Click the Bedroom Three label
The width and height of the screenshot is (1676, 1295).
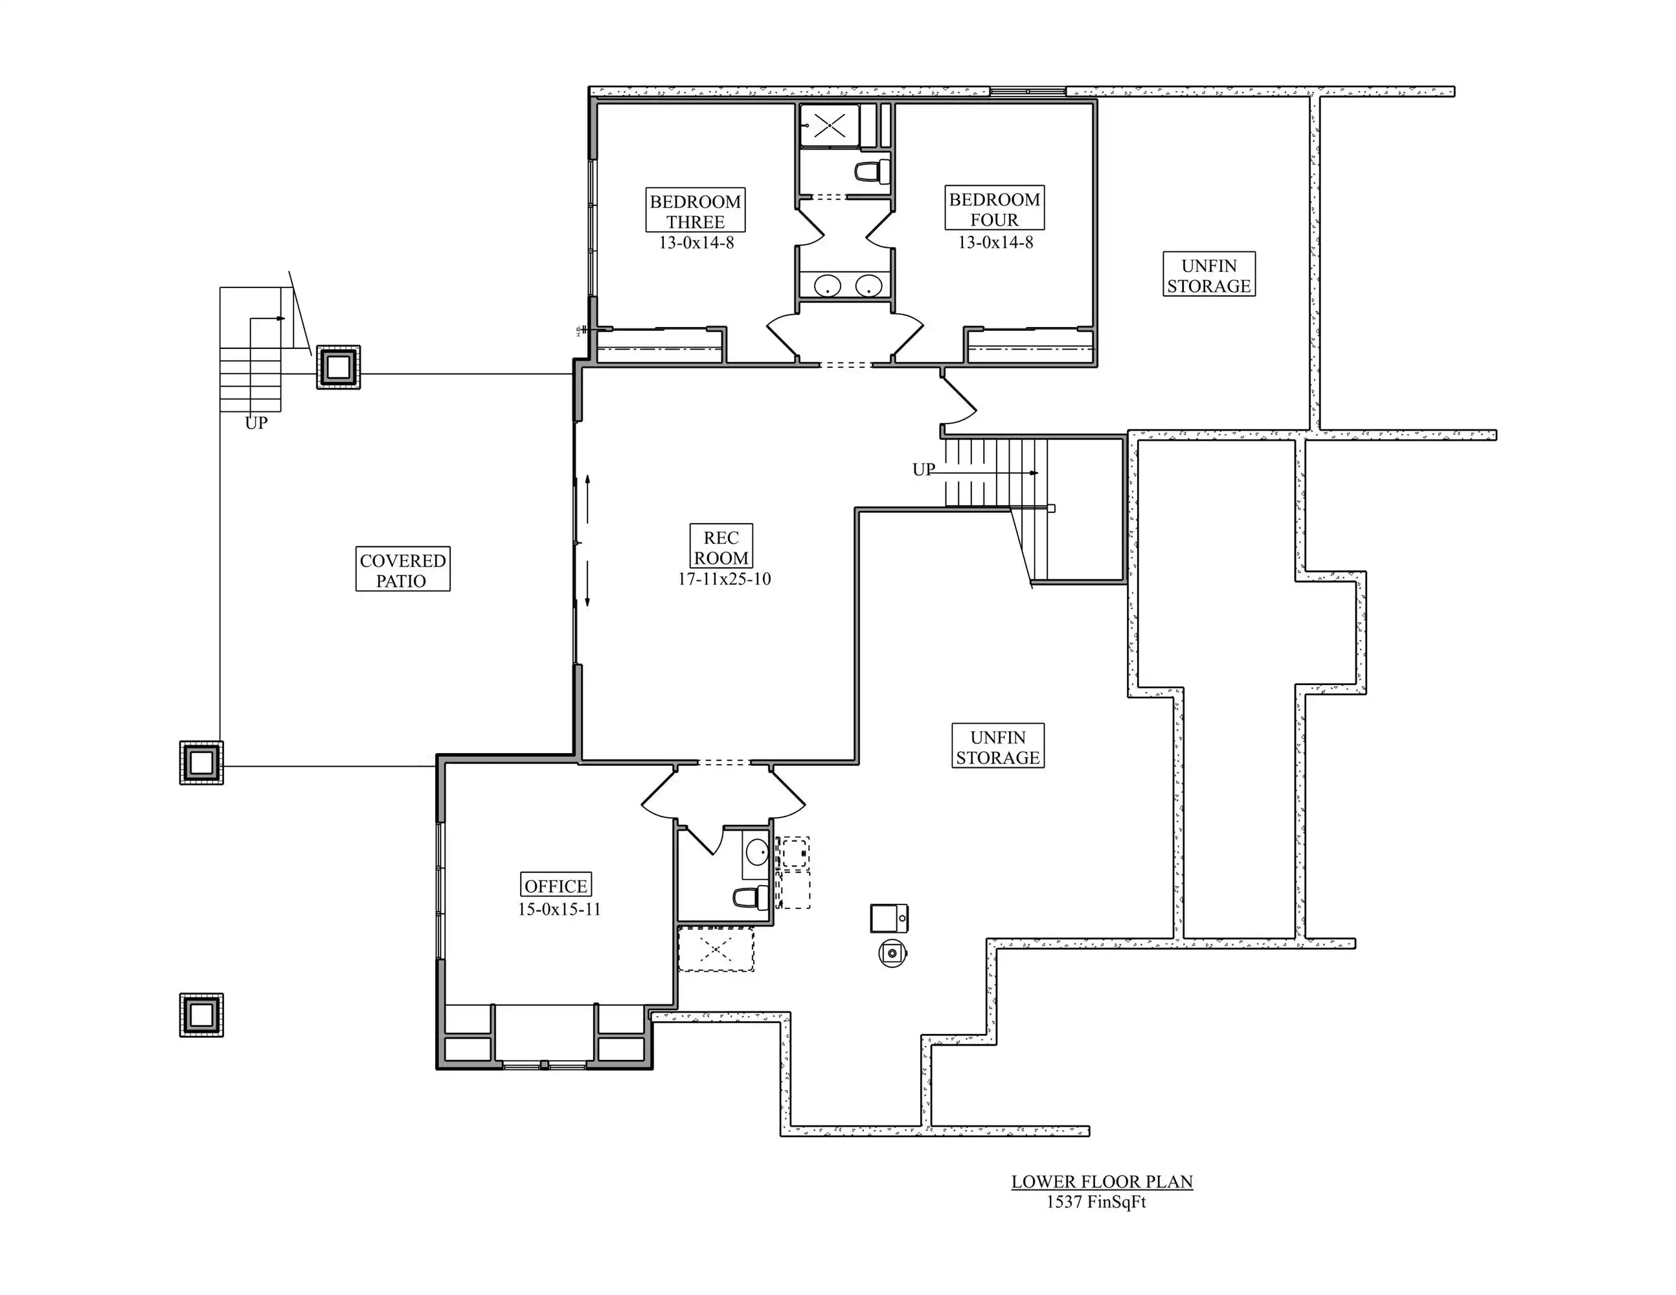696,211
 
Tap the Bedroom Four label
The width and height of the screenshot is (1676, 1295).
995,208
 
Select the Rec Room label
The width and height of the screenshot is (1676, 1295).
721,547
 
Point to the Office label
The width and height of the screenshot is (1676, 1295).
556,885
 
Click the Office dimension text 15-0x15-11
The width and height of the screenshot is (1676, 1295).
560,909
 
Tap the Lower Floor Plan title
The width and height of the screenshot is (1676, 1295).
1102,1182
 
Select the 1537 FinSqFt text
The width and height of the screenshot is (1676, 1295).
1096,1202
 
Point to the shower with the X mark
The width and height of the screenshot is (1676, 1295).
830,124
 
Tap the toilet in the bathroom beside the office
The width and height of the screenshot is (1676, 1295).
751,897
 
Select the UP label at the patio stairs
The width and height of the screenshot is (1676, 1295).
256,423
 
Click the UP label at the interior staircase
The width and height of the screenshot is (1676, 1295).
924,469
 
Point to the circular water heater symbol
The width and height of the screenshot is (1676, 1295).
892,954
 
